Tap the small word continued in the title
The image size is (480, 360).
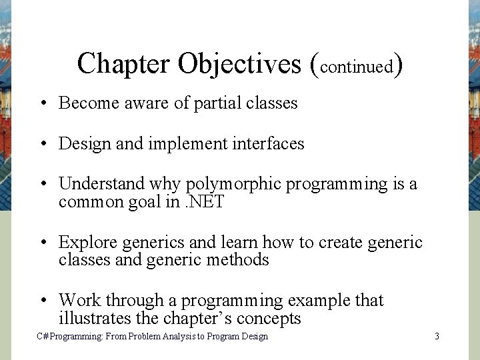coord(356,66)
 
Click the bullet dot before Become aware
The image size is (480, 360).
coord(42,103)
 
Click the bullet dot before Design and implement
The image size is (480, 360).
coord(42,143)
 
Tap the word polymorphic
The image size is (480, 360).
coord(234,184)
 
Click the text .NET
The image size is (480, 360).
coord(205,202)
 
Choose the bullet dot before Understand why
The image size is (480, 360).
coord(42,184)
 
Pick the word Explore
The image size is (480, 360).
coord(85,242)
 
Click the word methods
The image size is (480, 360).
coord(237,259)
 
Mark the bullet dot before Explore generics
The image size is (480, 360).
coord(42,242)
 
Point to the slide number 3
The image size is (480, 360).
coord(437,337)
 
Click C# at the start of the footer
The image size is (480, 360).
coord(42,337)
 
